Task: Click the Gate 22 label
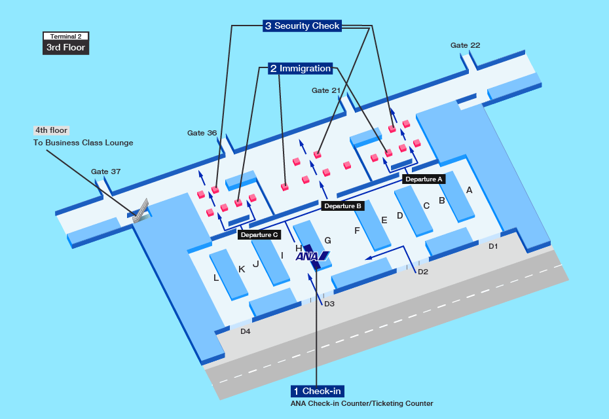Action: pos(465,45)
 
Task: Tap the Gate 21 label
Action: pos(326,90)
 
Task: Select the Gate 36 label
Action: pos(202,133)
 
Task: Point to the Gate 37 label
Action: pos(105,172)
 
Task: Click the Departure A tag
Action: pos(424,178)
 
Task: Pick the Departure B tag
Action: pos(342,206)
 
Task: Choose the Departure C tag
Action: pos(259,234)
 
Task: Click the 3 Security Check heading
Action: pos(302,26)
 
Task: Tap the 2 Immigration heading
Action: pos(300,68)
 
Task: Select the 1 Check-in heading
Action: pos(318,391)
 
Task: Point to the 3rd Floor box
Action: pos(65,48)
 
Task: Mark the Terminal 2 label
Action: pos(65,37)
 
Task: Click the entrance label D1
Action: pos(493,246)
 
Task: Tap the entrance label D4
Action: pos(245,331)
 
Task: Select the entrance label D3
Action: pos(329,304)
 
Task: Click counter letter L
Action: pos(216,278)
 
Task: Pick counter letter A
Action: pos(469,191)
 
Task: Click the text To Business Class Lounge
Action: pos(83,143)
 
